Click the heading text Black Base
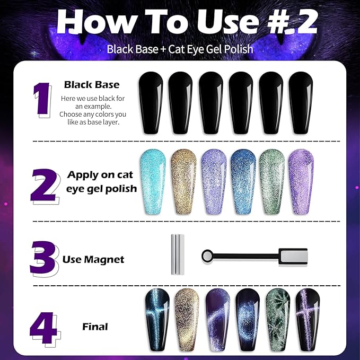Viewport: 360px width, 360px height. click(x=91, y=84)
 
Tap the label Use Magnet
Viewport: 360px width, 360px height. click(x=93, y=259)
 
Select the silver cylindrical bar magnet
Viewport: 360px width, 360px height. click(x=177, y=254)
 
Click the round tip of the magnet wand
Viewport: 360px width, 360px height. click(x=207, y=257)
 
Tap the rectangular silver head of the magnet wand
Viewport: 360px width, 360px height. click(x=288, y=257)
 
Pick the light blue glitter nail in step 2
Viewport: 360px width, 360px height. click(x=152, y=180)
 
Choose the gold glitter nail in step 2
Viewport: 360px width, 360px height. click(x=182, y=180)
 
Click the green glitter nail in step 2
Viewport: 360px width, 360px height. click(x=271, y=180)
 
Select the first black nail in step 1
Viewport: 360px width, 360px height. click(x=151, y=102)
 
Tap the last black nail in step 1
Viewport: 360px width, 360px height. click(x=301, y=102)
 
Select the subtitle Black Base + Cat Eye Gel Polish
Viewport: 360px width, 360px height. click(x=180, y=49)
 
